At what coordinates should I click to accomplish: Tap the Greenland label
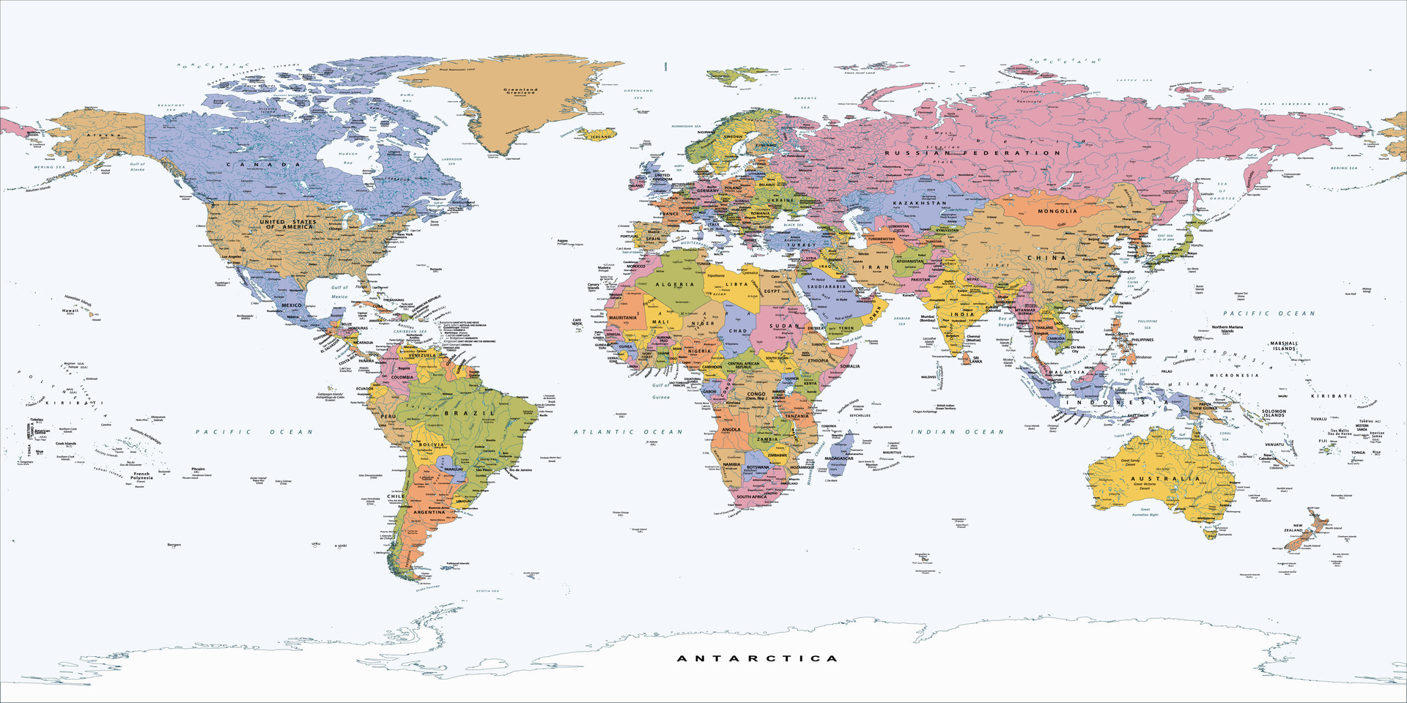pyautogui.click(x=521, y=91)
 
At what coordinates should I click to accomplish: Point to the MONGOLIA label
pyautogui.click(x=1057, y=211)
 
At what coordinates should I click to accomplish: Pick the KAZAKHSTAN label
pyautogui.click(x=924, y=203)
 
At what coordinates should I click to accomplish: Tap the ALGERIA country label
pyautogui.click(x=675, y=284)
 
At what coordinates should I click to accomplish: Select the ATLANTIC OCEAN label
pyautogui.click(x=628, y=432)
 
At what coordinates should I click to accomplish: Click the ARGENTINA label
pyautogui.click(x=429, y=513)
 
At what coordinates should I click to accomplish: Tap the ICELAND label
pyautogui.click(x=601, y=136)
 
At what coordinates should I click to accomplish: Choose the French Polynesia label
pyautogui.click(x=141, y=475)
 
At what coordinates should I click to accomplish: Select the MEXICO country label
pyautogui.click(x=292, y=305)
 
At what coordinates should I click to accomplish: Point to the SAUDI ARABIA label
pyautogui.click(x=827, y=287)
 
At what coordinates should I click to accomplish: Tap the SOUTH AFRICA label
pyautogui.click(x=751, y=496)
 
